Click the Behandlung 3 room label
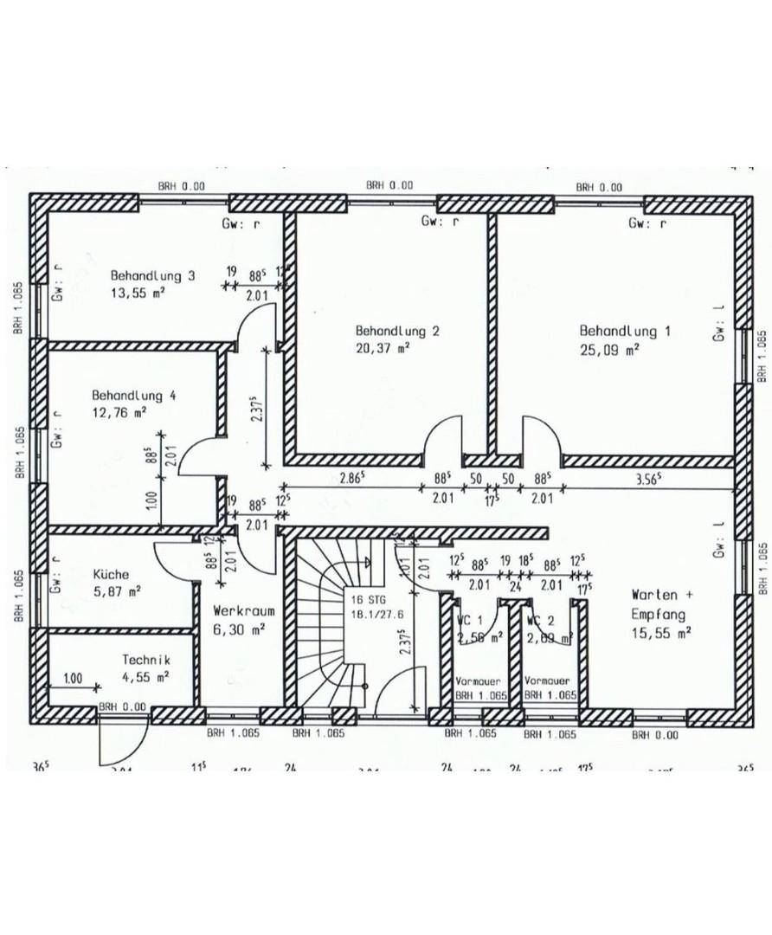[x=152, y=276]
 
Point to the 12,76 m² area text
[x=119, y=412]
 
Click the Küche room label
[x=111, y=574]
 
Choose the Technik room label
[x=145, y=660]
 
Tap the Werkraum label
[x=238, y=610]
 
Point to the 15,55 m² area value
[x=661, y=634]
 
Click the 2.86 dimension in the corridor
[x=351, y=478]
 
